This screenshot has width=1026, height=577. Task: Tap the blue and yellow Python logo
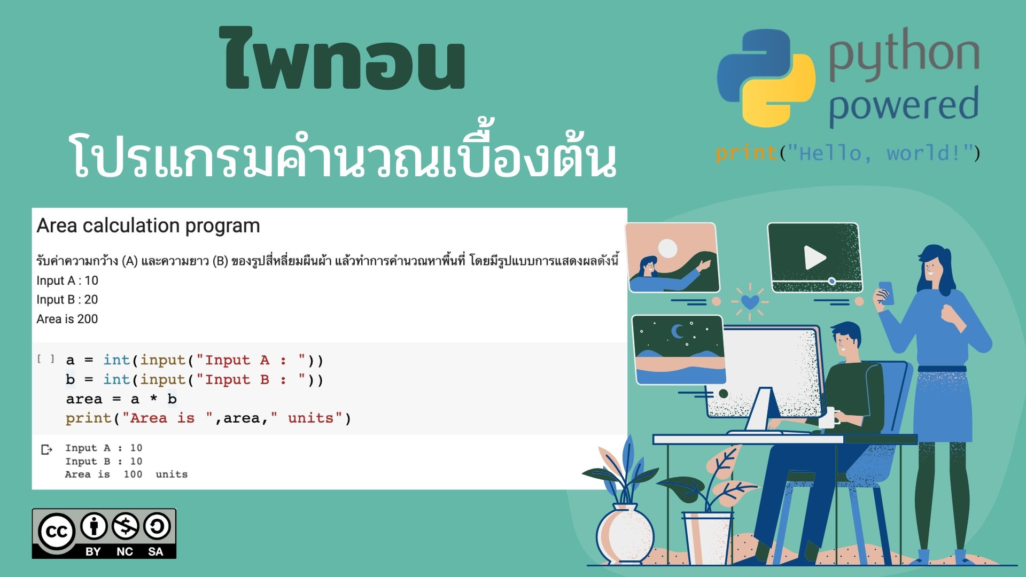click(766, 77)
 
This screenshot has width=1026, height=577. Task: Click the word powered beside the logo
click(904, 105)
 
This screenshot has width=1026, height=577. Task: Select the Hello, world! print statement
click(848, 153)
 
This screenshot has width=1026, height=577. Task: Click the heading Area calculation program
click(148, 225)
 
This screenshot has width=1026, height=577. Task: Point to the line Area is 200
click(67, 319)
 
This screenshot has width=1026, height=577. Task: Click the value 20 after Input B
click(91, 300)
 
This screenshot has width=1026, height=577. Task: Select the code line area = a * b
click(121, 399)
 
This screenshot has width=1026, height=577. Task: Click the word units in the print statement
click(310, 418)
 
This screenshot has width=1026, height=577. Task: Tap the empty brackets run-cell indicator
click(46, 359)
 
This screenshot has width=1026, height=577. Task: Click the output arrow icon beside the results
click(47, 449)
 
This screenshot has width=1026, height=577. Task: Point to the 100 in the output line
click(133, 474)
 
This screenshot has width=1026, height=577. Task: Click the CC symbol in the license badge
click(56, 532)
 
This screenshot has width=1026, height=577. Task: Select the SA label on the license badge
click(156, 551)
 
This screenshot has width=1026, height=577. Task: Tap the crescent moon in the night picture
click(678, 331)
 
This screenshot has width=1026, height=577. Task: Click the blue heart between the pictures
click(750, 302)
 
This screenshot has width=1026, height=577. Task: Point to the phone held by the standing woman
click(885, 293)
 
